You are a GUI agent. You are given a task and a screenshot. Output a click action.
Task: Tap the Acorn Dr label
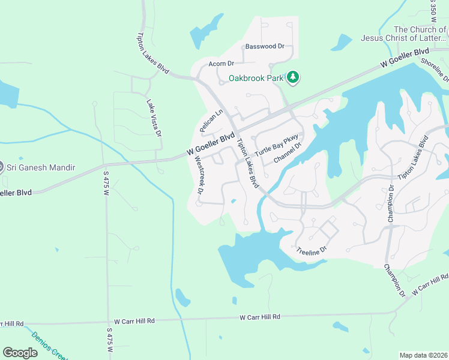pyautogui.click(x=220, y=63)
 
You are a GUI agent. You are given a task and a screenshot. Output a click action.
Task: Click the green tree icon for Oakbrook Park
pyautogui.click(x=293, y=77)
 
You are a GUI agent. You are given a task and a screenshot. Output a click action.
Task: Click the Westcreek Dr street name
pyautogui.click(x=199, y=175)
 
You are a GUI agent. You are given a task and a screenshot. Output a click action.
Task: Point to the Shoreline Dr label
pyautogui.click(x=435, y=68)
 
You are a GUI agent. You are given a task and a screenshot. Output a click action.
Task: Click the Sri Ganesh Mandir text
pyautogui.click(x=41, y=167)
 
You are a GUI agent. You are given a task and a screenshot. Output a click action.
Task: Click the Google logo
pyautogui.click(x=20, y=352)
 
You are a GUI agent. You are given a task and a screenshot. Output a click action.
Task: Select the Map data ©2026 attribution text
pyautogui.click(x=423, y=355)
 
